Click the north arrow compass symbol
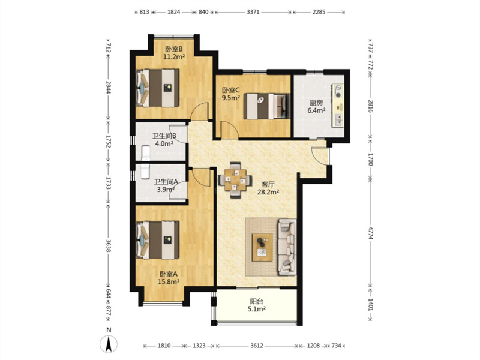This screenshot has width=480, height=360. (x=109, y=343)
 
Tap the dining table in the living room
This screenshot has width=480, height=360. (x=235, y=179)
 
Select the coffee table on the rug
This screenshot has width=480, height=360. (x=262, y=247)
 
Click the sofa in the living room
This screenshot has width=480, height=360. (x=287, y=247)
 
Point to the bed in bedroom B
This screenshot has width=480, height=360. (x=157, y=88)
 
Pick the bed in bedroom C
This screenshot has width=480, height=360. (x=266, y=106)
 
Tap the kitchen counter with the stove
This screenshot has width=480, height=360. (x=337, y=105)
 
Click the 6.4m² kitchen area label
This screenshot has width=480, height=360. (x=316, y=110)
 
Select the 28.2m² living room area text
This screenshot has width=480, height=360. (x=268, y=192)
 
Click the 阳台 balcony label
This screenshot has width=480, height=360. (x=257, y=302)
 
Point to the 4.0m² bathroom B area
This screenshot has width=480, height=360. (x=164, y=143)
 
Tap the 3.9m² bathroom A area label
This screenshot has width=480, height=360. (x=166, y=189)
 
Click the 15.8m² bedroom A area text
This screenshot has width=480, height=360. (x=169, y=281)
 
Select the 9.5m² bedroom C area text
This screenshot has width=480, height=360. (x=231, y=98)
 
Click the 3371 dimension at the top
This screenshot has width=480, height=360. (x=253, y=12)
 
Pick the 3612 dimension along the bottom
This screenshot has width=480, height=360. (x=257, y=346)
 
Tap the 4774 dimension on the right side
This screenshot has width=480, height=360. (x=370, y=233)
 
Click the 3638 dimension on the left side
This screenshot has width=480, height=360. (x=108, y=245)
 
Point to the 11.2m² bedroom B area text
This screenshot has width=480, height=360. (x=174, y=56)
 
